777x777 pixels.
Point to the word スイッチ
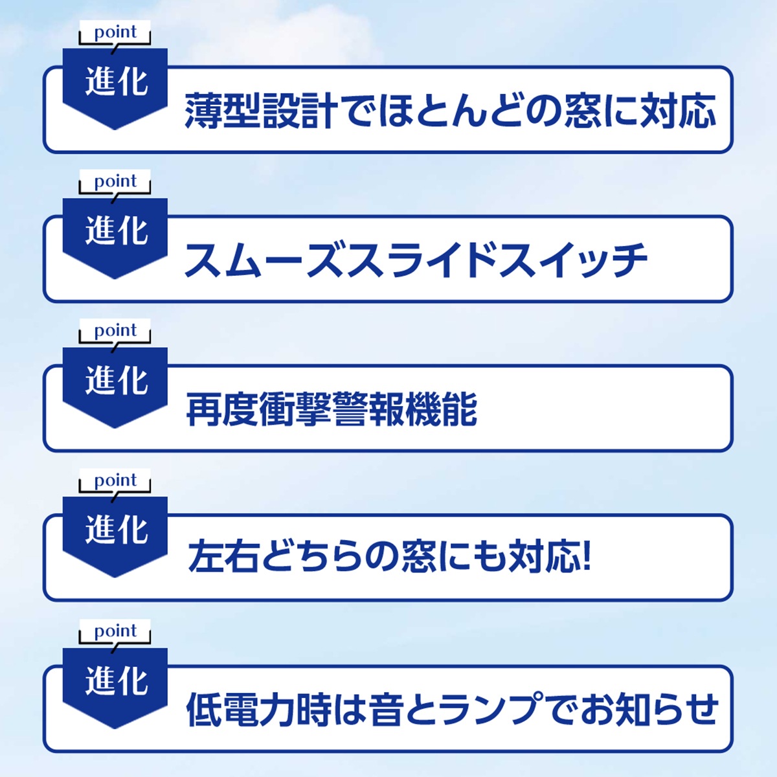pos(573,260)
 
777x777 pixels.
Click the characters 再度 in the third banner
pos(222,410)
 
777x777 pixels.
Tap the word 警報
pos(368,410)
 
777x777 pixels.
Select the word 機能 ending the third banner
pos(441,410)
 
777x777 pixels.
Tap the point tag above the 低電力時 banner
pos(115,632)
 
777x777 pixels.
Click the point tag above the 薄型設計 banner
pos(115,32)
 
